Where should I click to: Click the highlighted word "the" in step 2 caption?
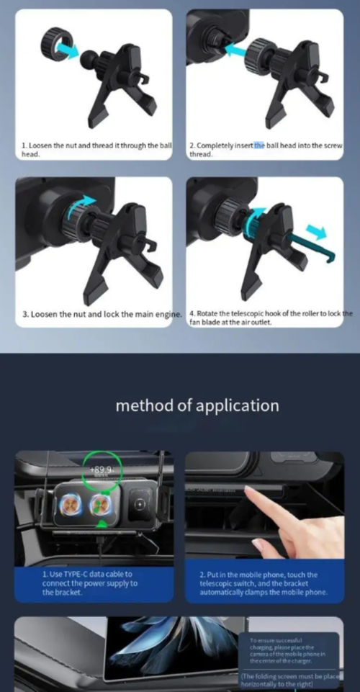259,145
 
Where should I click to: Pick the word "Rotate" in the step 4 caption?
210,314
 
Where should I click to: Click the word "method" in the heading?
143,405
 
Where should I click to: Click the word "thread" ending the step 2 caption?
200,154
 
